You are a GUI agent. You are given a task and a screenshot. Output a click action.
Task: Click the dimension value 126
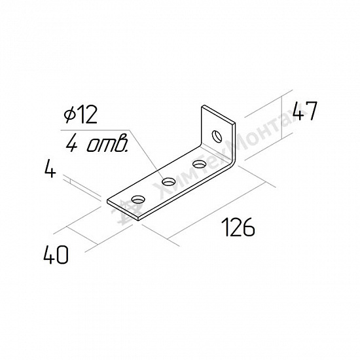[x=238, y=228]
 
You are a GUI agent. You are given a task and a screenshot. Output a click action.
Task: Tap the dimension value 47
[x=305, y=111]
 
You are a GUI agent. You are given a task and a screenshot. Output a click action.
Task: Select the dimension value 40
[x=56, y=255]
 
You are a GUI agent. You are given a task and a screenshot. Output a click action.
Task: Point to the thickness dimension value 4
[x=50, y=170]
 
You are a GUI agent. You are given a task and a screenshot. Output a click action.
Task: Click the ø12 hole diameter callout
[x=81, y=115]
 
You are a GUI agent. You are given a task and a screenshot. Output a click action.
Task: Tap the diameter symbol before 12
[x=69, y=115]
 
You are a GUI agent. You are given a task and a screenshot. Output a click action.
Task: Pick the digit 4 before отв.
[x=72, y=145]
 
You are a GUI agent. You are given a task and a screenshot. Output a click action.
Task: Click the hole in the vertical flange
[x=217, y=136]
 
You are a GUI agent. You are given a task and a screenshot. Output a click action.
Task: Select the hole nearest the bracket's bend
[x=199, y=164]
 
